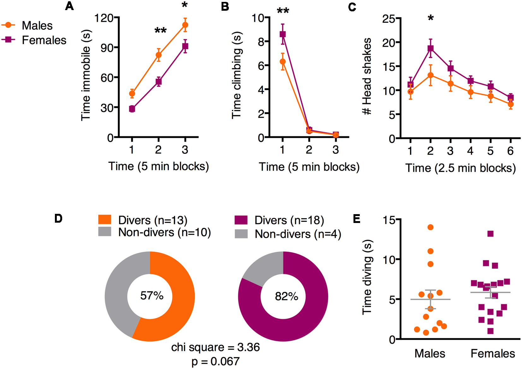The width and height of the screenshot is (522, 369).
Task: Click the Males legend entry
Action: click(37, 26)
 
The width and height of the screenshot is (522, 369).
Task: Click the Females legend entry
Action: click(44, 40)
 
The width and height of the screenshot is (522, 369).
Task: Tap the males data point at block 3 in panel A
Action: click(185, 25)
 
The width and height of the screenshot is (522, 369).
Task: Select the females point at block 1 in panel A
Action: click(132, 109)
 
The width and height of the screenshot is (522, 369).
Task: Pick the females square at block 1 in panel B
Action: click(283, 34)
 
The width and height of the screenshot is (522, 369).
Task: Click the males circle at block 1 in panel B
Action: click(283, 61)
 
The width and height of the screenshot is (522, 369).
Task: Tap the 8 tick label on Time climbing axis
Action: click(261, 42)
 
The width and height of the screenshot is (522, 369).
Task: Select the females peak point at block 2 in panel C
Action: click(430, 48)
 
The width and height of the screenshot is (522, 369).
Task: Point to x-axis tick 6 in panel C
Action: click(510, 151)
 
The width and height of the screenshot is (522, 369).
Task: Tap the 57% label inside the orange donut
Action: click(152, 296)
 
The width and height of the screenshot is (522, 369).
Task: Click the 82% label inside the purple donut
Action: click(286, 296)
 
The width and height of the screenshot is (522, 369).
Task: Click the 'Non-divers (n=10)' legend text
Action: click(164, 232)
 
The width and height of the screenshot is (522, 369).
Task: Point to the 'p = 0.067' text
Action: click(216, 361)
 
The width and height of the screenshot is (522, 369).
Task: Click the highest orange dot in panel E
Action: click(430, 227)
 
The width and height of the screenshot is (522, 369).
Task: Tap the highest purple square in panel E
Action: click(490, 234)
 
